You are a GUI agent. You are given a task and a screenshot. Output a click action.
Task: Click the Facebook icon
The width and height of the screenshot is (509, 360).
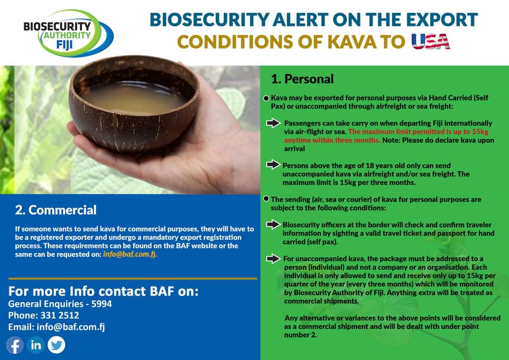point(15,345)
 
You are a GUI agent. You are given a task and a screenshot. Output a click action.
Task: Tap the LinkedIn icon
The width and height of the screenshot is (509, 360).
point(36,345)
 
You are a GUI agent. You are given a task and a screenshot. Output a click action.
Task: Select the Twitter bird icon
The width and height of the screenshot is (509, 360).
point(57,345)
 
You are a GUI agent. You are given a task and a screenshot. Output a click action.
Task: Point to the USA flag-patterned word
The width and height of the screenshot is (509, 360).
point(430,41)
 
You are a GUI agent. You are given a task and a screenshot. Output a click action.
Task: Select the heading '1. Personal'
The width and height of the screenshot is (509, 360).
point(302,79)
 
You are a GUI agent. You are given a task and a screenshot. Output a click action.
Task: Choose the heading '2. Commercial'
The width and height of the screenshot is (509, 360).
point(56,210)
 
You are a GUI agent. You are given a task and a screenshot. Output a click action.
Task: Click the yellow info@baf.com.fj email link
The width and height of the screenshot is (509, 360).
point(130,254)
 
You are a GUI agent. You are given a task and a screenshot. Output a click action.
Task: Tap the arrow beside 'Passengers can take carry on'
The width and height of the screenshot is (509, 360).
point(273,123)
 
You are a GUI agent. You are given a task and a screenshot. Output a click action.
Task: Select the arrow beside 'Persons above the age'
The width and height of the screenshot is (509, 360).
point(273,164)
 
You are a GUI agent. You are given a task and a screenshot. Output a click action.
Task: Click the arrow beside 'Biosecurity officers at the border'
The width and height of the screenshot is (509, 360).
point(273,224)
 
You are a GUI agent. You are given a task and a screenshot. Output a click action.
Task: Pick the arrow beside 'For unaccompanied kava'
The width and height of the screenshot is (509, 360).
point(273,259)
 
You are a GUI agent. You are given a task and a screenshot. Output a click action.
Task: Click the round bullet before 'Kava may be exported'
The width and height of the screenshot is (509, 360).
point(266,98)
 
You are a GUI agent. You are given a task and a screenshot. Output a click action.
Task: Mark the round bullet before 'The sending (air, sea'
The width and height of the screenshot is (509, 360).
point(266,199)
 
